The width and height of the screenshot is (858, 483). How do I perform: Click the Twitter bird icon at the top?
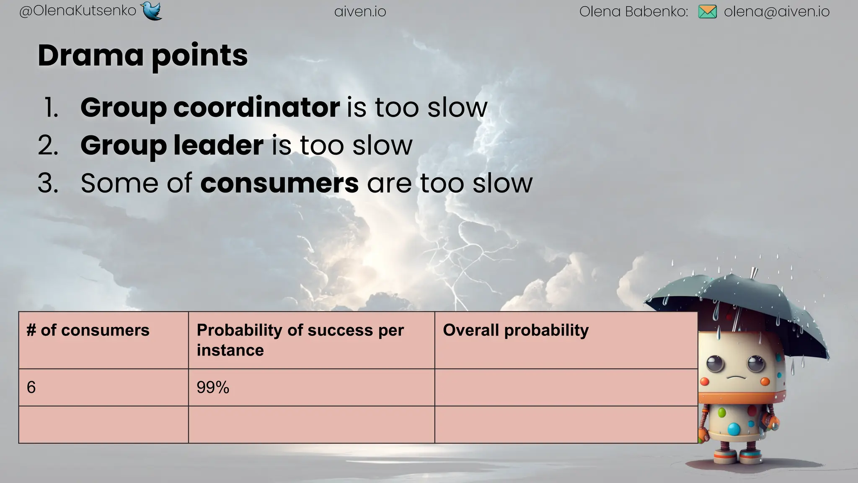(152, 11)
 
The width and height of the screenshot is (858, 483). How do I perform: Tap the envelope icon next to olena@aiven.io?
(707, 12)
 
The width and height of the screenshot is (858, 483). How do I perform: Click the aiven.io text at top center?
(360, 12)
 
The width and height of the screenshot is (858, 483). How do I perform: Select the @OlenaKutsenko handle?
(78, 11)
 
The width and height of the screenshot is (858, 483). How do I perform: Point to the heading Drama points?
(142, 55)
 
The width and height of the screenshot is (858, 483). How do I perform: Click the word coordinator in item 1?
(256, 107)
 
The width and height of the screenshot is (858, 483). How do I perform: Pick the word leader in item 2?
(218, 145)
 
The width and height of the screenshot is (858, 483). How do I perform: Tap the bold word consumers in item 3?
(279, 183)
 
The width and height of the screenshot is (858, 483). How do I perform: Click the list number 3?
(48, 183)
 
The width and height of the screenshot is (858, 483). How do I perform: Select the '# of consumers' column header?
(88, 330)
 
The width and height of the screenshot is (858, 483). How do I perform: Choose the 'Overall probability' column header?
(515, 330)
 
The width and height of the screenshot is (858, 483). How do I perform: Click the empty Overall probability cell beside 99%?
(566, 387)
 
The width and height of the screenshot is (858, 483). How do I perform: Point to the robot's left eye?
(715, 363)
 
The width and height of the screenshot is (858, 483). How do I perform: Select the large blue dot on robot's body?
(734, 428)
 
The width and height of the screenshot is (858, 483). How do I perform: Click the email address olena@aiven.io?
(776, 12)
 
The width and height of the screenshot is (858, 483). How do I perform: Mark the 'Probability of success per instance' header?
(300, 340)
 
